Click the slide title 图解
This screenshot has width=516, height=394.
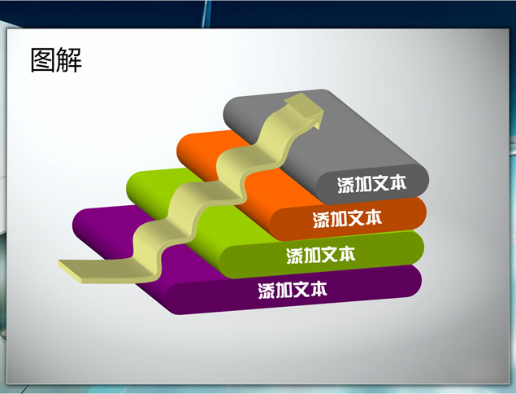click(x=56, y=59)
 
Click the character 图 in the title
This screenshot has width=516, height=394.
click(x=43, y=59)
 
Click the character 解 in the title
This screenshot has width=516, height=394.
click(x=69, y=59)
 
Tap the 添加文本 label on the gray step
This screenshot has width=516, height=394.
click(x=372, y=184)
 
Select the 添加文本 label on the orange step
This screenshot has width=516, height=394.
click(x=347, y=219)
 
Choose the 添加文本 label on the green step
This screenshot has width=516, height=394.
click(x=321, y=255)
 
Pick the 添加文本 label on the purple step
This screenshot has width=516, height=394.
click(x=293, y=290)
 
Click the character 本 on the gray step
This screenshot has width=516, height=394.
click(x=398, y=182)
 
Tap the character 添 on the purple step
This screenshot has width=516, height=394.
click(x=267, y=291)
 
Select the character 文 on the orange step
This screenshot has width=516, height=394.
click(x=356, y=219)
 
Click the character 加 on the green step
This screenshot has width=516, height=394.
click(x=312, y=255)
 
